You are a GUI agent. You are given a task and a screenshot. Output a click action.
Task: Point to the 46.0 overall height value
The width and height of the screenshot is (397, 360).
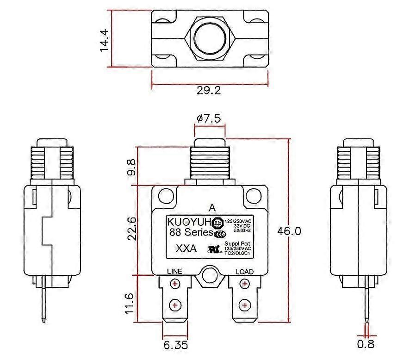[x=288, y=230]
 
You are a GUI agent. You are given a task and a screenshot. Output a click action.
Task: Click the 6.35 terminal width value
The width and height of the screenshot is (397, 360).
[x=175, y=345]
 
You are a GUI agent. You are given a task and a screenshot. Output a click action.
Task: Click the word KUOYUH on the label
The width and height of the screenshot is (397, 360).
[x=189, y=221]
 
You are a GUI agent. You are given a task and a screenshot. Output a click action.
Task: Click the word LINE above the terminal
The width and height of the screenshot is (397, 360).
[x=174, y=272]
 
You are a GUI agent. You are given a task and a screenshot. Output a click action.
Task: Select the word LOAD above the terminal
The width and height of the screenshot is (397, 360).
[x=244, y=272]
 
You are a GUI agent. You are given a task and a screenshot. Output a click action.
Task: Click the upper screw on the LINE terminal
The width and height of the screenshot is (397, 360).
[x=175, y=284]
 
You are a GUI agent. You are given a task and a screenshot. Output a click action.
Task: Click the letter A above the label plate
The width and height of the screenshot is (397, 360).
[x=212, y=207]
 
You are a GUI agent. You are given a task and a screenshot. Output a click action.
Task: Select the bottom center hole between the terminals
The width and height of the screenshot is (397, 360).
[x=210, y=275]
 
